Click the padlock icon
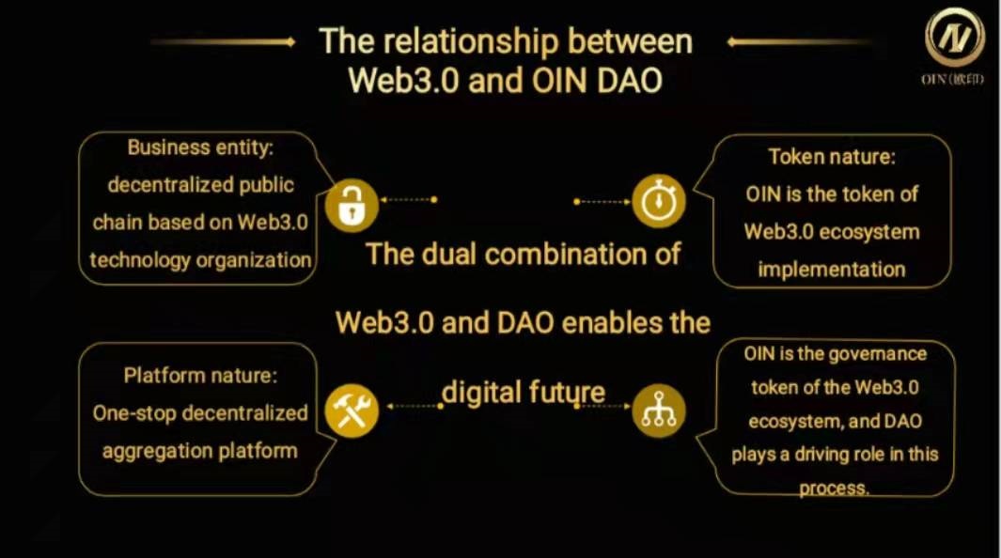tap(352, 205)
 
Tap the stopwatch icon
tap(659, 202)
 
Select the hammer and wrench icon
tap(352, 411)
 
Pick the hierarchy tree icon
tap(659, 411)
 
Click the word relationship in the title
tap(471, 41)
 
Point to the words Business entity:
tap(200, 147)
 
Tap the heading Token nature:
tap(832, 157)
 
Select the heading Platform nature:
tap(200, 375)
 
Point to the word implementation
tap(832, 270)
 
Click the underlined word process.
tap(834, 488)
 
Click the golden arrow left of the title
tap(224, 42)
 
